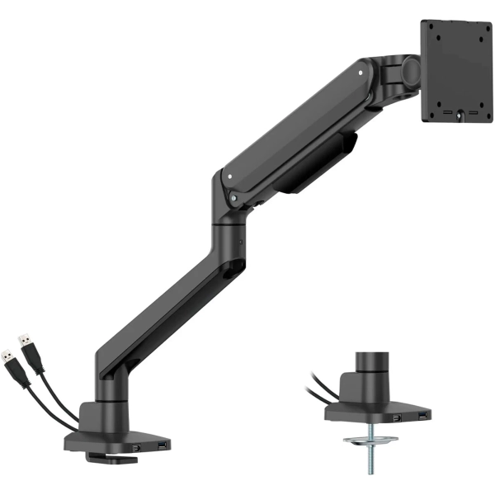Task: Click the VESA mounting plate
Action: (455, 71)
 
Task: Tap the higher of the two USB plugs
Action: (26, 347)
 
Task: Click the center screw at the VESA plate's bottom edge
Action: (455, 120)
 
